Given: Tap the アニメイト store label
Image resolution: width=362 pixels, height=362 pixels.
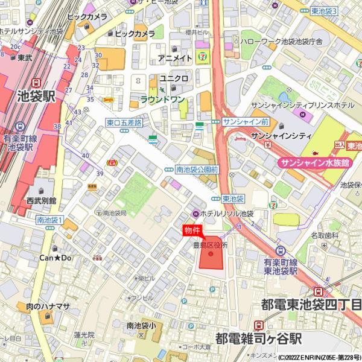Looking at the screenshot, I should (x=175, y=58).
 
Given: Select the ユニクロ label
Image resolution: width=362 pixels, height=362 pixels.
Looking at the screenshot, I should (x=174, y=79).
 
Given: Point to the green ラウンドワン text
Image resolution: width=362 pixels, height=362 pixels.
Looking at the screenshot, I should (x=162, y=99).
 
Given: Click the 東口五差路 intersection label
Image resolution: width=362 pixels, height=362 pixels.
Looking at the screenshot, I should (x=124, y=122).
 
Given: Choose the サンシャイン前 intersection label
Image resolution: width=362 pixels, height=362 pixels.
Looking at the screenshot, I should (x=241, y=122).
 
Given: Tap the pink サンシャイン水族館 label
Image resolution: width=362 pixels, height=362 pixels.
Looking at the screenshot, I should (x=314, y=163).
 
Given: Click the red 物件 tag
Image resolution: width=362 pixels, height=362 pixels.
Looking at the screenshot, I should (x=191, y=230).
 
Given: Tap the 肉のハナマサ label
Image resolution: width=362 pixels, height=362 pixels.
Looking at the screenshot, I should (x=48, y=306).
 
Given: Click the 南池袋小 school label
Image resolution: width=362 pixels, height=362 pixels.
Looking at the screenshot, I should (x=141, y=326).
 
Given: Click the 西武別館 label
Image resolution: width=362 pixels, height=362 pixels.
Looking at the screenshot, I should (x=41, y=200).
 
